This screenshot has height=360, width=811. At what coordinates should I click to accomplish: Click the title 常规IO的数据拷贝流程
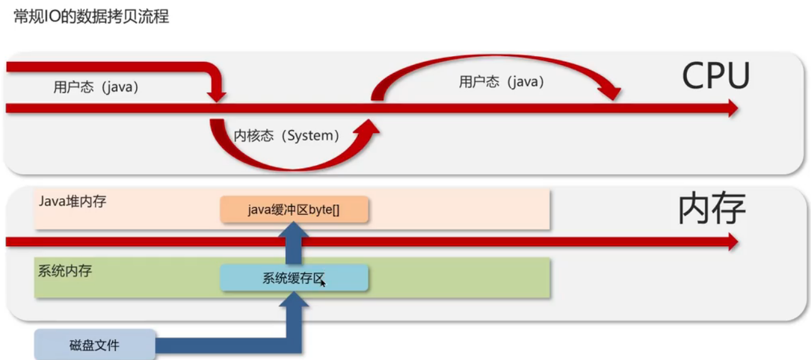point(91,16)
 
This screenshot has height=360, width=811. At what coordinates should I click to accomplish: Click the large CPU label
point(716,77)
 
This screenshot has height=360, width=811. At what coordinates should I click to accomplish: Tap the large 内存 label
point(712,209)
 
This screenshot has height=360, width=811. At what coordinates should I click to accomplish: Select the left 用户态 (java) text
point(96,88)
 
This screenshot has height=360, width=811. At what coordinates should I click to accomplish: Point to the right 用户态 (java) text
point(501,82)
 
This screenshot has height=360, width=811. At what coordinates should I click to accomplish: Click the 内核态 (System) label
point(287,136)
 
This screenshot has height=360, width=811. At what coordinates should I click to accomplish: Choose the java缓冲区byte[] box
point(294,210)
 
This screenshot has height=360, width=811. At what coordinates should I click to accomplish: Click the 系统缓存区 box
point(294,278)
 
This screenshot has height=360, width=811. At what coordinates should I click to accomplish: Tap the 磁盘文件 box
point(95,345)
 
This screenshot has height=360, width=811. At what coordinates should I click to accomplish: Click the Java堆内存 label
point(72,201)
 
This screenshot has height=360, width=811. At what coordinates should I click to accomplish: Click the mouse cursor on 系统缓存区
point(323,283)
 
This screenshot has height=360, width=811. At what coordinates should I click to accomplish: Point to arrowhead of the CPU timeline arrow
point(732,108)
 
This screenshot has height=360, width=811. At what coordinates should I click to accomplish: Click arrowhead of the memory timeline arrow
point(732,241)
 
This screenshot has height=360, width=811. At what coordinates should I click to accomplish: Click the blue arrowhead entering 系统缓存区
point(294,299)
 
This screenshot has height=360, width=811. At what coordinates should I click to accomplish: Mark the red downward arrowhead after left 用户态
point(216,95)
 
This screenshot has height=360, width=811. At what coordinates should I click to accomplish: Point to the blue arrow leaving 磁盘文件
point(221,345)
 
